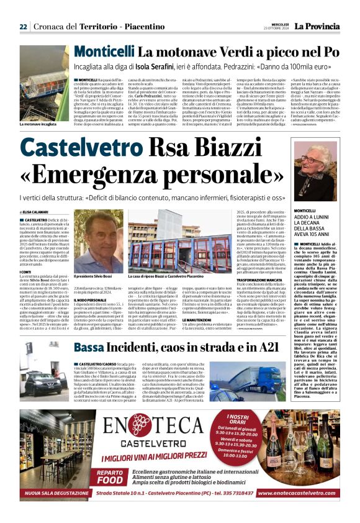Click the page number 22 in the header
[23, 26]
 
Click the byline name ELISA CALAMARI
[37, 212]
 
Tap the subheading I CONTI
[25, 272]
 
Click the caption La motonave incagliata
[38, 124]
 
